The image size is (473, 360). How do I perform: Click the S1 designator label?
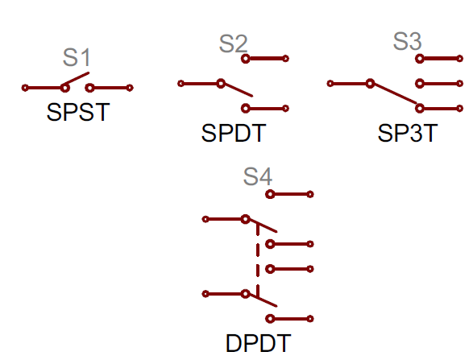(77, 57)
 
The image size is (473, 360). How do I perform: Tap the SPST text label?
(78, 112)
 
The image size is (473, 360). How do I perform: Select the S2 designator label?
(233, 43)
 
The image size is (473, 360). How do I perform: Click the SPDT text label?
(234, 133)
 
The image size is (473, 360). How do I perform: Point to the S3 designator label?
(407, 41)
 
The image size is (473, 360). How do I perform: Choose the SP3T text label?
(408, 133)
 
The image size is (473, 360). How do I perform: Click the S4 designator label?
(258, 176)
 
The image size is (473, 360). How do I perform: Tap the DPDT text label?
(258, 343)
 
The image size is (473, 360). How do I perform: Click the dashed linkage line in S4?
(258, 260)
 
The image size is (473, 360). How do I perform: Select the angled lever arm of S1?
(76, 79)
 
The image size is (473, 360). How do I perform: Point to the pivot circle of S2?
(221, 84)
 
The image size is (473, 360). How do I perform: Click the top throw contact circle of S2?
(246, 59)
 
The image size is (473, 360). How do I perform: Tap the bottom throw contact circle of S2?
(246, 108)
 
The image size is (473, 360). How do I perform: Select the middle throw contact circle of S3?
(420, 84)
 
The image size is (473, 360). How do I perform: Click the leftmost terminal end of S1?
(25, 88)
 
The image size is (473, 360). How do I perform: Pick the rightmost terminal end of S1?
(130, 88)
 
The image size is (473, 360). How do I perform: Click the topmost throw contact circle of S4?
(270, 194)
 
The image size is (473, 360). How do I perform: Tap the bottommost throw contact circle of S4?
(270, 319)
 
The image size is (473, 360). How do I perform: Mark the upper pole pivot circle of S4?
(246, 219)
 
